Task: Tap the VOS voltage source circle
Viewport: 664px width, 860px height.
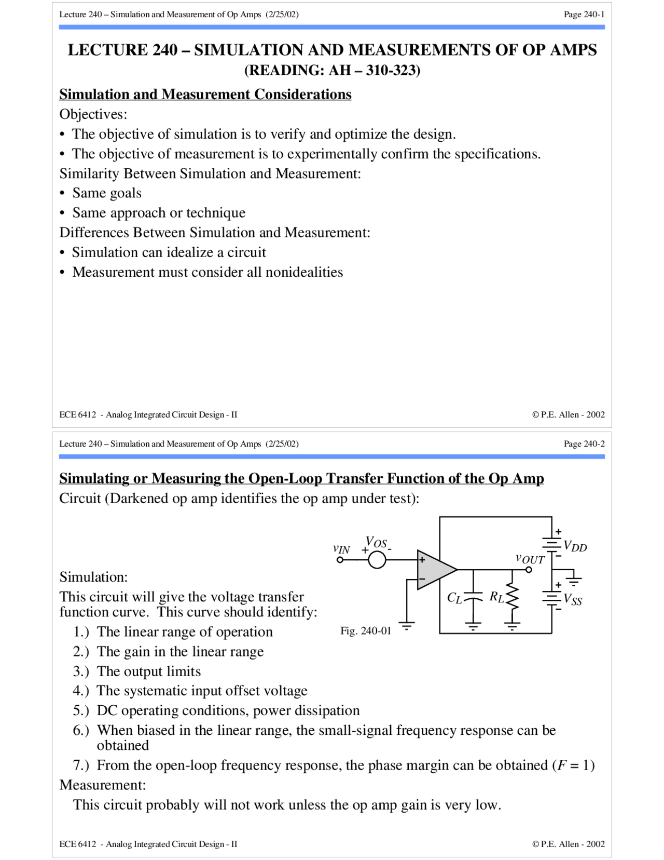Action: pos(377,560)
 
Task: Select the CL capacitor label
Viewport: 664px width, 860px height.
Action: pos(454,598)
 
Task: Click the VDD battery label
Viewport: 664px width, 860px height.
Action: pos(575,546)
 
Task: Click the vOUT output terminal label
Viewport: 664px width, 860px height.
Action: pos(530,559)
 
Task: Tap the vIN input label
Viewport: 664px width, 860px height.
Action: pos(341,549)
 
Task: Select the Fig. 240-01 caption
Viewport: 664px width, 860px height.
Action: pos(365,630)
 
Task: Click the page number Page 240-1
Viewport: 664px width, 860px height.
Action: pos(584,15)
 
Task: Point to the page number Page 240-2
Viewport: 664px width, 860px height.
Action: pos(584,444)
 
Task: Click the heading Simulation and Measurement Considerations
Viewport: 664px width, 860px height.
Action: pos(205,94)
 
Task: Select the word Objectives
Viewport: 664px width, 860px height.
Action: pos(93,114)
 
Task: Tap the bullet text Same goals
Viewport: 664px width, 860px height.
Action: pos(106,193)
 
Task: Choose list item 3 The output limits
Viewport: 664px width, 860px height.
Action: pos(148,671)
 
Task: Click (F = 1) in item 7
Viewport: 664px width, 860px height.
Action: pos(573,765)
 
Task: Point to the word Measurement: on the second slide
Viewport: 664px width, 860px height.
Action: pos(103,785)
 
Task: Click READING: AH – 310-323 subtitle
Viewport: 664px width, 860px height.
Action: pos(332,70)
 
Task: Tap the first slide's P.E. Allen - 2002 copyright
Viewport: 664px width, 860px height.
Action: pos(568,414)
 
